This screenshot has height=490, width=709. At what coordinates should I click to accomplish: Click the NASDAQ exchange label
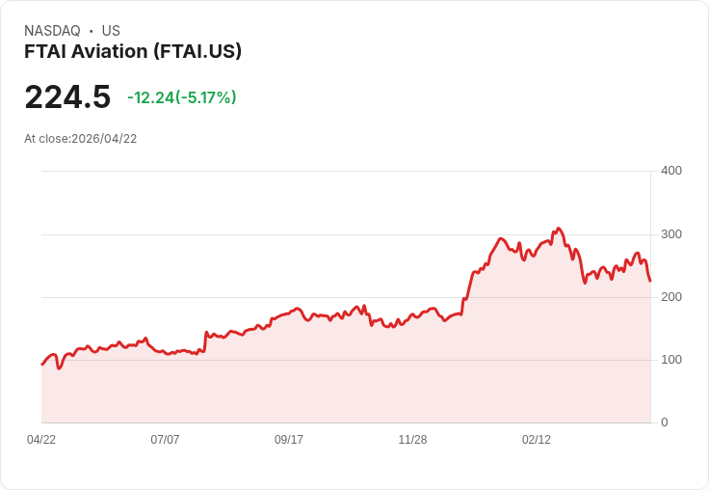(52, 31)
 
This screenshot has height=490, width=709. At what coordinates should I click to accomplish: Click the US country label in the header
(111, 31)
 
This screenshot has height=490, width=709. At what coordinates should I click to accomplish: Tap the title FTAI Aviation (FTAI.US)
(133, 51)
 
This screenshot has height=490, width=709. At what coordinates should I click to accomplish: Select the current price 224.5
(67, 96)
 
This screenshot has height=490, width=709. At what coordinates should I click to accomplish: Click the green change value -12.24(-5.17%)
(182, 97)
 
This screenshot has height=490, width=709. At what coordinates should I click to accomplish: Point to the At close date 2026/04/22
(81, 138)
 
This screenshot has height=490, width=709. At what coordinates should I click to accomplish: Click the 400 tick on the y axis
(670, 171)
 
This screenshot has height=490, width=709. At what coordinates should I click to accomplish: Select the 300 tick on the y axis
(670, 234)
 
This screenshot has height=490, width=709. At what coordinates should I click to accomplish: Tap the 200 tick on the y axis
(670, 297)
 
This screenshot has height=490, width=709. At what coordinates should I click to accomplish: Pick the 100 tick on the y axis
(670, 360)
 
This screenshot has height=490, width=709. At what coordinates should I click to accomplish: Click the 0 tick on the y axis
(665, 422)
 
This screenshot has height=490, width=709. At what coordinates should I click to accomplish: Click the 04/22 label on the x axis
(41, 440)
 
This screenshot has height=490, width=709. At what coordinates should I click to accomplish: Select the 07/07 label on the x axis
(165, 440)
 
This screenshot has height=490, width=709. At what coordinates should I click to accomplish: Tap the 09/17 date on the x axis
(289, 440)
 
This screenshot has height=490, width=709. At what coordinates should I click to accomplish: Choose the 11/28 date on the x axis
(412, 440)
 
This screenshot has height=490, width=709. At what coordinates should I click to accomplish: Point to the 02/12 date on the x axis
(537, 440)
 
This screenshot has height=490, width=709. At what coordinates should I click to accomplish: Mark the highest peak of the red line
(559, 229)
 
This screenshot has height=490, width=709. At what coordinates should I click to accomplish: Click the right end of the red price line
(650, 281)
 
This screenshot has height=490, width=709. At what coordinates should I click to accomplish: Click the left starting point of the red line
(41, 365)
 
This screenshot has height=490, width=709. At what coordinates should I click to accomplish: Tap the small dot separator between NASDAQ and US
(92, 31)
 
